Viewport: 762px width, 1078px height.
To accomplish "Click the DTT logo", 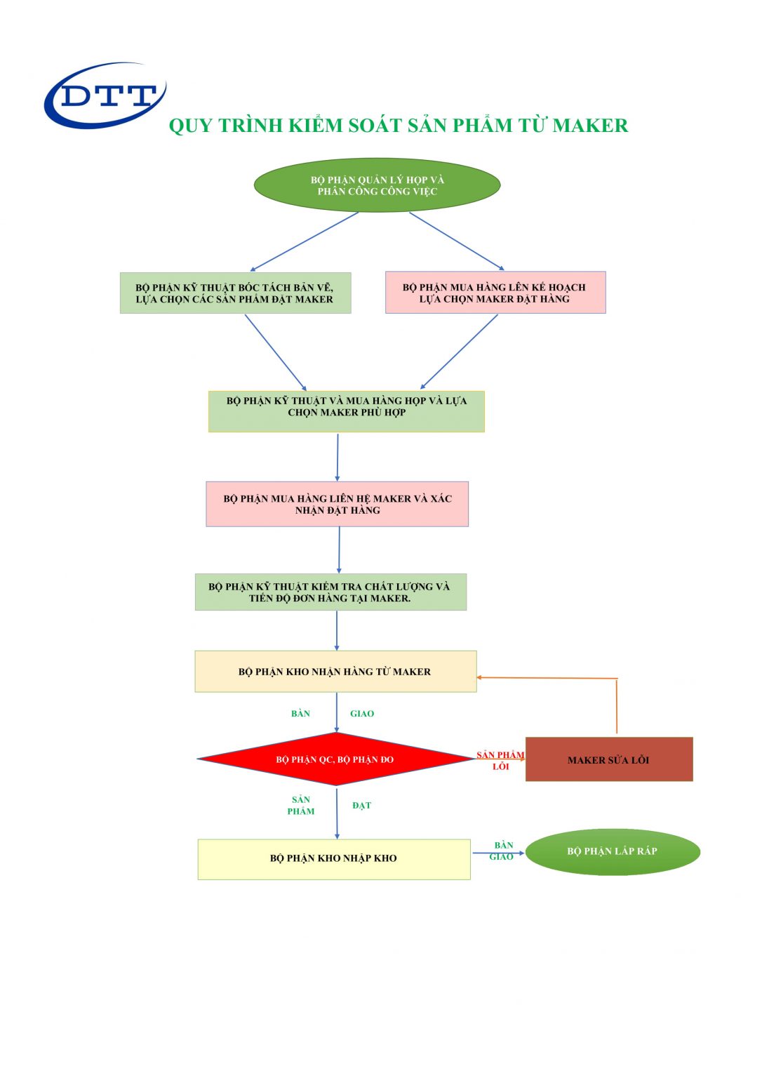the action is point(105,95).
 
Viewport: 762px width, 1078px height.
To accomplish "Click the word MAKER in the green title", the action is point(590,126).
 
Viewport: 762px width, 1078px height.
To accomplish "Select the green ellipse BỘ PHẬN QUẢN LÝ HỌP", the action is point(377,185).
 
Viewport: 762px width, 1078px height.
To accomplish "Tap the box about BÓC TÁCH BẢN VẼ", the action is point(235,293).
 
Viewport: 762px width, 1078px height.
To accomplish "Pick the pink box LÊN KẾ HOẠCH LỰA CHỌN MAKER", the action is point(495,293).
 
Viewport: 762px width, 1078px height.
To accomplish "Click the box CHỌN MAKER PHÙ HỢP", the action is point(347,411).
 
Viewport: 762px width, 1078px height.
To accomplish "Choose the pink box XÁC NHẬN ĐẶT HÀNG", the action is point(337,504).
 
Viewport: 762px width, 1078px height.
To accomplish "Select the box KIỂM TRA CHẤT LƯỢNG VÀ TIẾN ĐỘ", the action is point(330,592).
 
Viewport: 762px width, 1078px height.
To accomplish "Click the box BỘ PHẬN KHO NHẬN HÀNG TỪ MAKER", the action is point(335,672).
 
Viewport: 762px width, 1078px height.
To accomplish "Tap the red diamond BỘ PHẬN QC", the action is point(335,759).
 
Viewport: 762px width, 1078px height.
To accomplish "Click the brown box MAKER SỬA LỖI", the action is point(609,759).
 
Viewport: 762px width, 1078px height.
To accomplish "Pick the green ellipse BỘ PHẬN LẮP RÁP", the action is point(613,851).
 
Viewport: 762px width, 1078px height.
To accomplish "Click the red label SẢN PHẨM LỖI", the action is point(500,760).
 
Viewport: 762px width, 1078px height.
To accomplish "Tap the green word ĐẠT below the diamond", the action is point(362,806).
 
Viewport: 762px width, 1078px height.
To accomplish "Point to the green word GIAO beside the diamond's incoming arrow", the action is point(362,714).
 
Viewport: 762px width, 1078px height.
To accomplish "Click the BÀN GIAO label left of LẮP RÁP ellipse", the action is point(502,851).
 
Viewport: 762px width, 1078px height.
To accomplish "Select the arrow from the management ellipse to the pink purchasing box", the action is point(457,241).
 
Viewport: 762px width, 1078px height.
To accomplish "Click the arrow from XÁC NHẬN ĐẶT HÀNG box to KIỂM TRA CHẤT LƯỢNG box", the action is point(339,550).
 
